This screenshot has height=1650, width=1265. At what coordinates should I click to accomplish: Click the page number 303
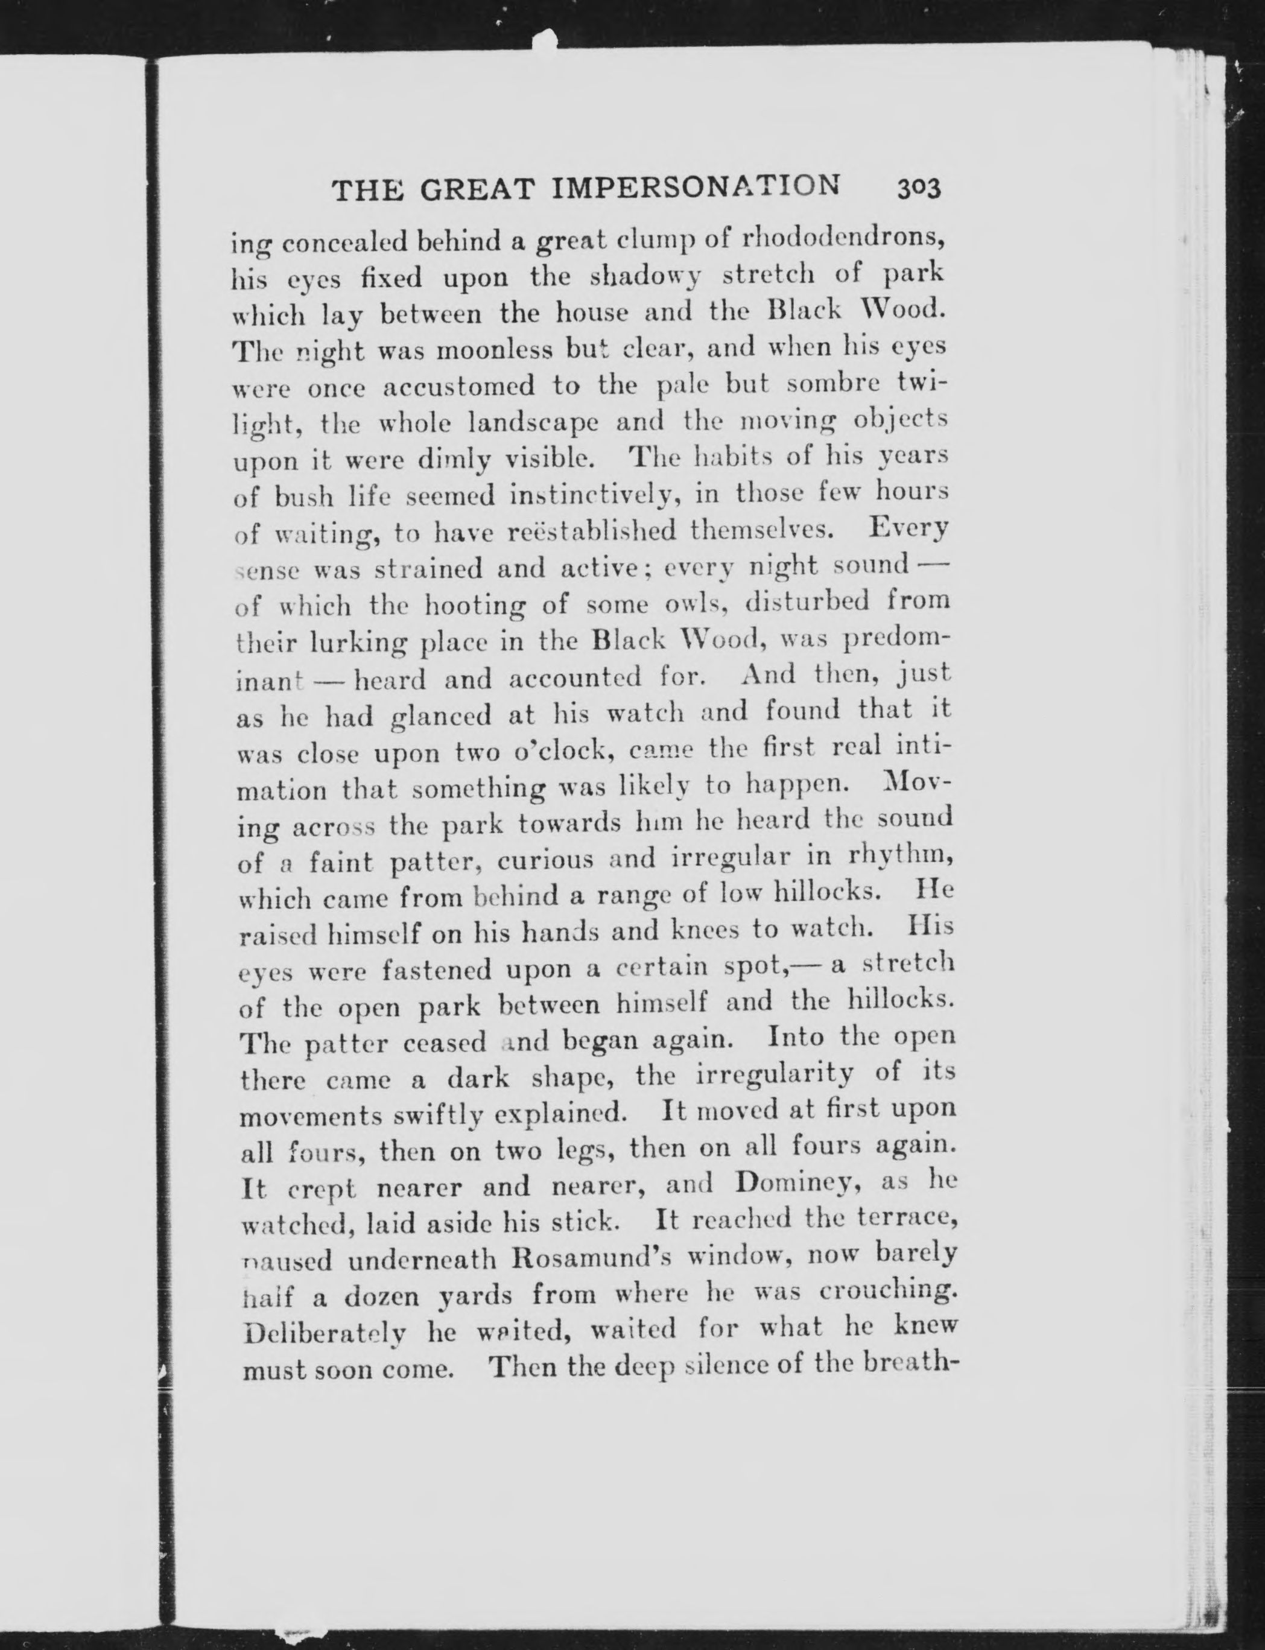click(919, 188)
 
